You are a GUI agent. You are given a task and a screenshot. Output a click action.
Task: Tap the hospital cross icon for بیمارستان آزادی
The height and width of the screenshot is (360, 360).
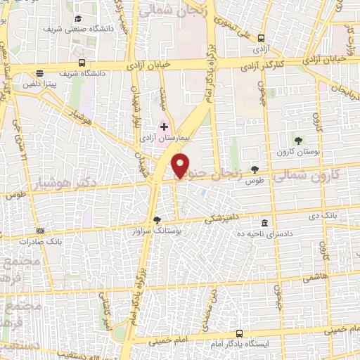[x=164, y=127]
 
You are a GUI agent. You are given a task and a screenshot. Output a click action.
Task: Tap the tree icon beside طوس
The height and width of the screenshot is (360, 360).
[x=254, y=169]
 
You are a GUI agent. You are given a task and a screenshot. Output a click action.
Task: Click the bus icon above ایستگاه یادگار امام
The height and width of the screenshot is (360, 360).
[x=239, y=333]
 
